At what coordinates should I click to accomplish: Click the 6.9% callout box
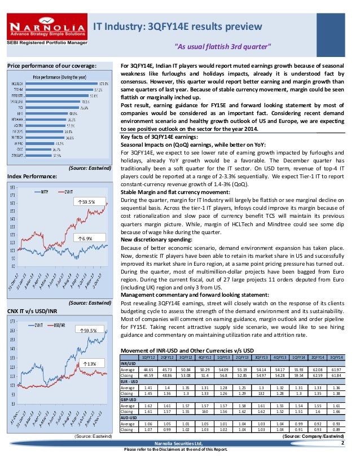tap(84, 239)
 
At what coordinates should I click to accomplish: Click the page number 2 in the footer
tap(341, 443)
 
